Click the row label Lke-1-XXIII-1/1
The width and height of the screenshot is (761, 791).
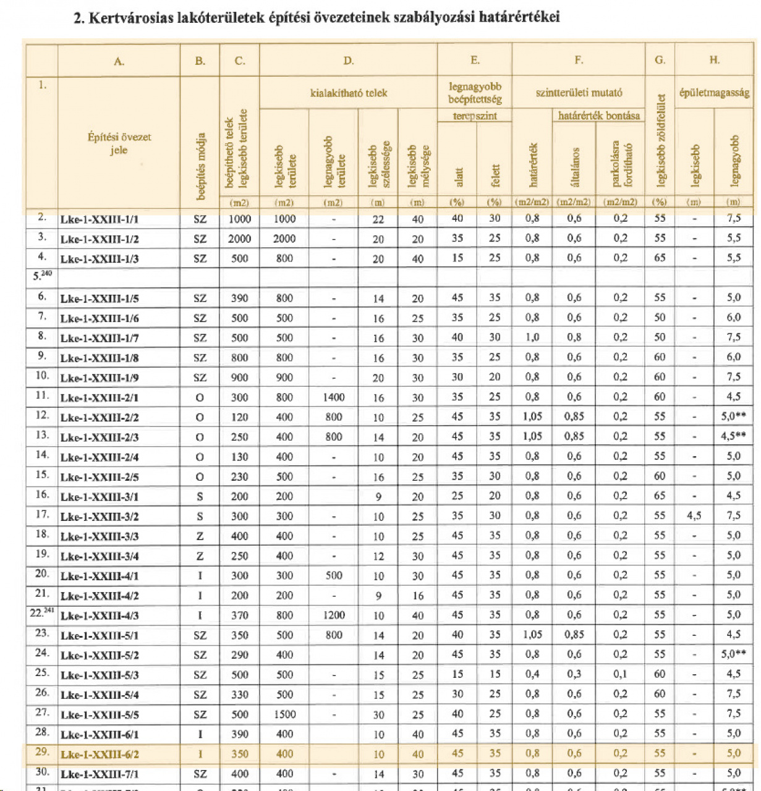point(100,219)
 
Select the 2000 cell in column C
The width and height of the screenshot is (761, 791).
point(240,239)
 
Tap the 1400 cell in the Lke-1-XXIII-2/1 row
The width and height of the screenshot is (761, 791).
point(334,397)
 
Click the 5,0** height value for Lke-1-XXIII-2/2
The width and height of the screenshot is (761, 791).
point(733,417)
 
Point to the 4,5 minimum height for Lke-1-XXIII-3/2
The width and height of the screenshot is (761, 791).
point(694,516)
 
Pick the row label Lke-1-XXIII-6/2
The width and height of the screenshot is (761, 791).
point(100,755)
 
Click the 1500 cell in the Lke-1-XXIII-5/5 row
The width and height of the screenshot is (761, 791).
point(284,714)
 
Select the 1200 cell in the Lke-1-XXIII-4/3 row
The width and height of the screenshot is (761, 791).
point(334,615)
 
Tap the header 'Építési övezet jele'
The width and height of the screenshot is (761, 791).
point(119,143)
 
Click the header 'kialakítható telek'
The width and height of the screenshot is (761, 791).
point(349,93)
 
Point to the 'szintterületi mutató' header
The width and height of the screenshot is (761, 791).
point(579,93)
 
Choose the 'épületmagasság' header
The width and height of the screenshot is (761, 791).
point(714,93)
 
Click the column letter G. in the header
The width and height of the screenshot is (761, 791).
point(660,61)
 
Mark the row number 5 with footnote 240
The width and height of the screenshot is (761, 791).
point(42,276)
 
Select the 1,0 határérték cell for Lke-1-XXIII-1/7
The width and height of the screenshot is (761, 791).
point(532,337)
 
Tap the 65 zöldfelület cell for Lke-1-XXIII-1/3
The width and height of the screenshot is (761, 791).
point(660,258)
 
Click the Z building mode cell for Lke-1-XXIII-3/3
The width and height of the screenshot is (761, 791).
point(200,536)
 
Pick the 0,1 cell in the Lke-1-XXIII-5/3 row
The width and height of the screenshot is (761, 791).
point(620,675)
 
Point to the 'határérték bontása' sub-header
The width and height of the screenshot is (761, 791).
point(598,116)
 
